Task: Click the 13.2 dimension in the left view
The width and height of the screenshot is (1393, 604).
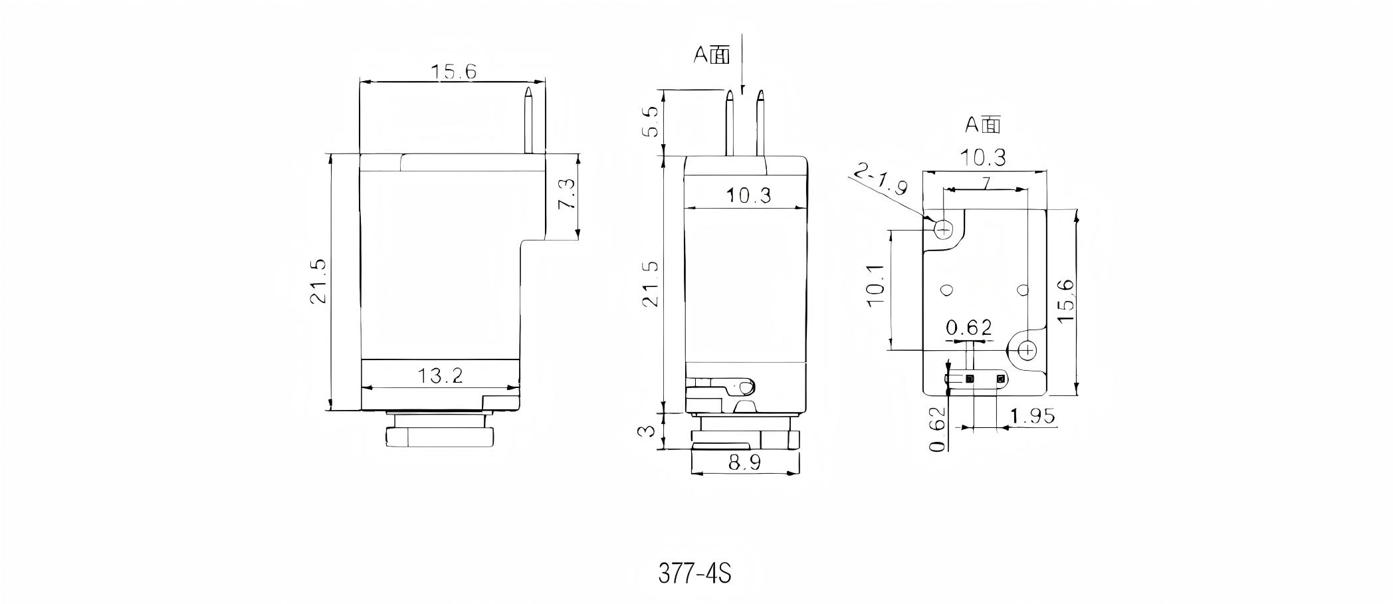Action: [440, 376]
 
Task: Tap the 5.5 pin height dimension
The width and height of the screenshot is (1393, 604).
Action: [651, 122]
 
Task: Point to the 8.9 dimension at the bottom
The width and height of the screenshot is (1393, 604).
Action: [744, 463]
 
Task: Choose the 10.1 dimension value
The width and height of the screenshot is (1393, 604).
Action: [875, 285]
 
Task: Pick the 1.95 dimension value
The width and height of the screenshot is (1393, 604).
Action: [1033, 417]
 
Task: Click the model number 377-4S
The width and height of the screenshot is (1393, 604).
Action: [695, 573]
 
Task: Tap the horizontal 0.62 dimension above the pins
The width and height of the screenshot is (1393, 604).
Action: [968, 328]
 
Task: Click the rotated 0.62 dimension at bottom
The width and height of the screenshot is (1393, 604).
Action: [937, 429]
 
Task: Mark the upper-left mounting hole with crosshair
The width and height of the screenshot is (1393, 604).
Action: [944, 229]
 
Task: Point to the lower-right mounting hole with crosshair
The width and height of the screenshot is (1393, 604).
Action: [1027, 349]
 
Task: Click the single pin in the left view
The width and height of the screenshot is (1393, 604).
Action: [528, 120]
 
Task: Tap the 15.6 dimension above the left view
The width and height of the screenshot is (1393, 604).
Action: [453, 72]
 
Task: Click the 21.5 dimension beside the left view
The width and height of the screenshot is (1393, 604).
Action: [318, 282]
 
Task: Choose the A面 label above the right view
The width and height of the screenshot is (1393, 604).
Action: [982, 124]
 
